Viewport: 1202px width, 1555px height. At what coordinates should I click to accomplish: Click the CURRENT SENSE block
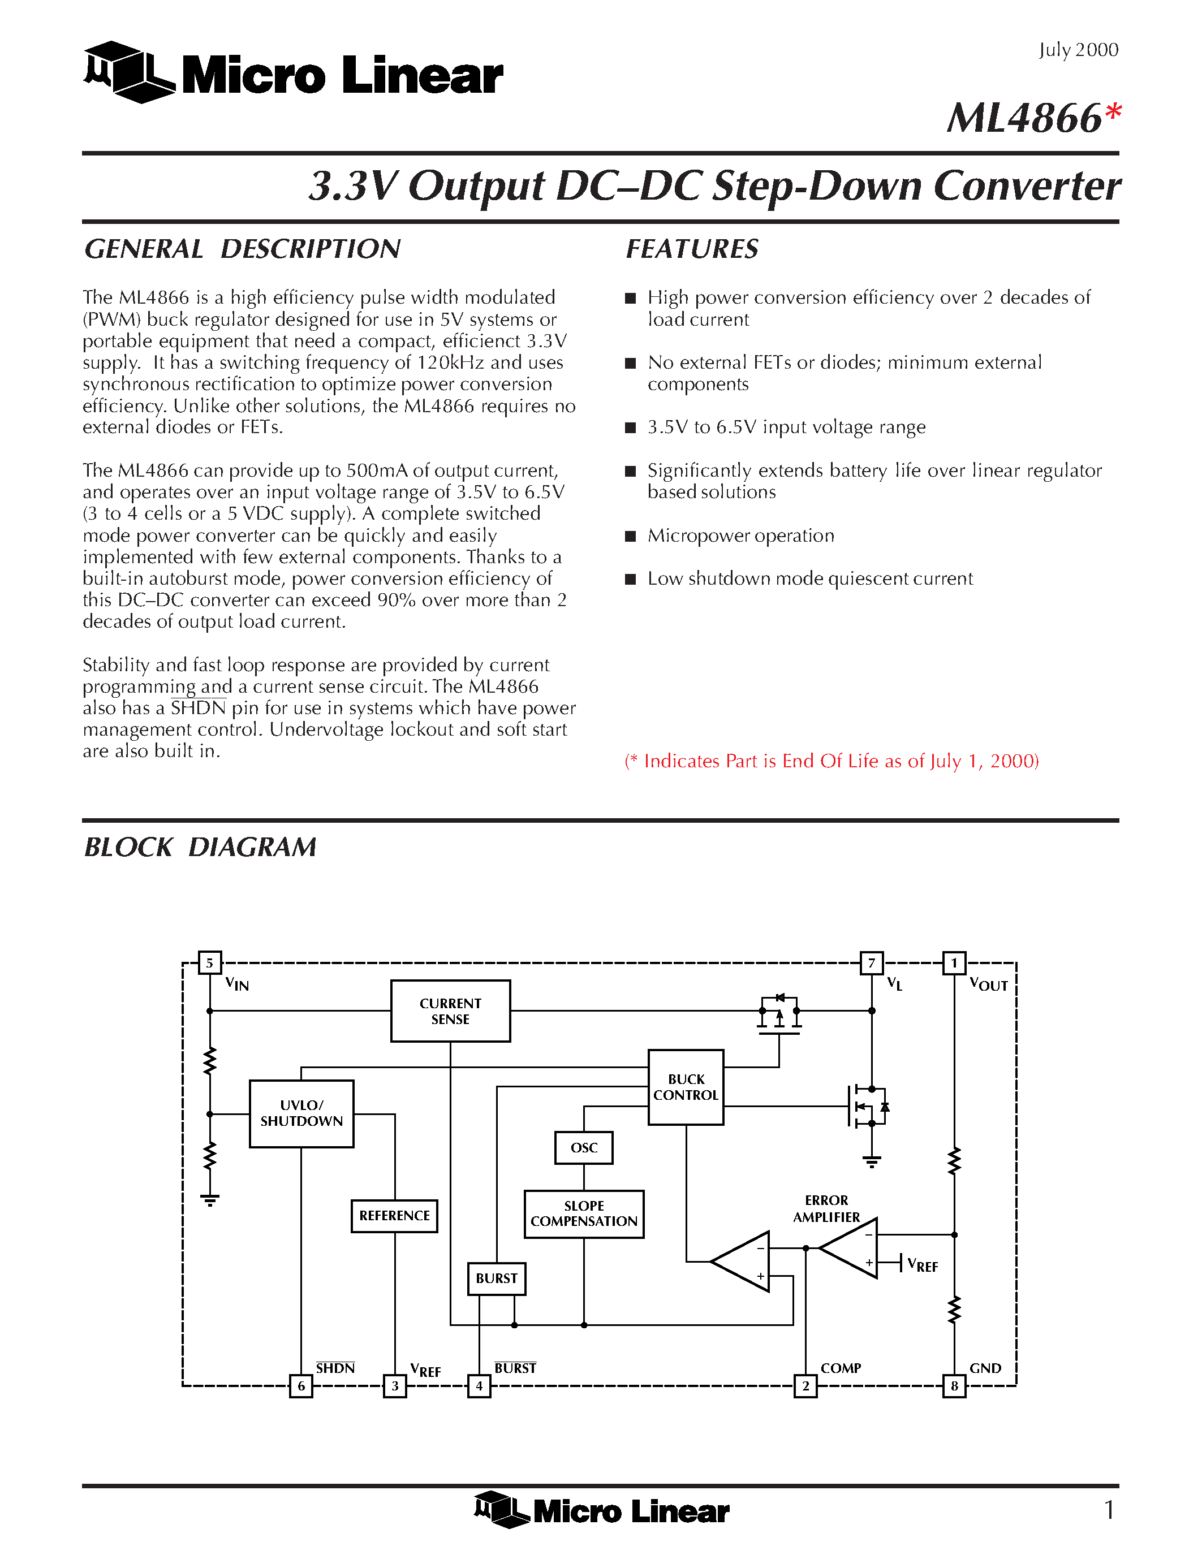[450, 1011]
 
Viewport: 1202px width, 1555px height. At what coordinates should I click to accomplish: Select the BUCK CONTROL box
[685, 1087]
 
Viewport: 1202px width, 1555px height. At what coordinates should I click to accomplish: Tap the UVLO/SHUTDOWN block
[301, 1113]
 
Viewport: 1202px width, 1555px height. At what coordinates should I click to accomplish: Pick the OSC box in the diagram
[583, 1148]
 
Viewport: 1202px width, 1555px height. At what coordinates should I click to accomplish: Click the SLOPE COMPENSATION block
[583, 1214]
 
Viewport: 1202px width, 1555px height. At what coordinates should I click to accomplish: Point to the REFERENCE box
[394, 1215]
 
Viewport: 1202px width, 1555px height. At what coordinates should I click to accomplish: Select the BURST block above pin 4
[496, 1278]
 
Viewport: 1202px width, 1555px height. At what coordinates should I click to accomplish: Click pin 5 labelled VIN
[209, 962]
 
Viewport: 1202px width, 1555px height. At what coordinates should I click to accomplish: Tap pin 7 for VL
[872, 962]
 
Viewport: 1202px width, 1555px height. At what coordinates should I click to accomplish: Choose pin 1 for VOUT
[954, 962]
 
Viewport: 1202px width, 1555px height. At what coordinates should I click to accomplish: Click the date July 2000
[1078, 50]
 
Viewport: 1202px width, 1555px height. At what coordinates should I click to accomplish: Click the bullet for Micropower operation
[630, 536]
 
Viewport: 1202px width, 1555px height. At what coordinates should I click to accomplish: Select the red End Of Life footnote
[831, 761]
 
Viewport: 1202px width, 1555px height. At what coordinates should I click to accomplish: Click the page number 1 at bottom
[1109, 1509]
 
